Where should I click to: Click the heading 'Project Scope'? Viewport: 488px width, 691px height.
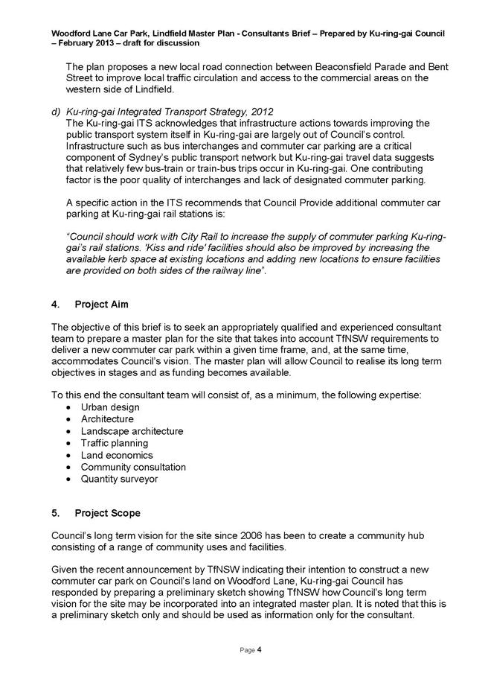106,513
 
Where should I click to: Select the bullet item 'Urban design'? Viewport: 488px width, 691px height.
110,407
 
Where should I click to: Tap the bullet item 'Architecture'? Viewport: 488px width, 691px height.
107,419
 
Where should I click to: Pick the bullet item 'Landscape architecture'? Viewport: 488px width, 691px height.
132,431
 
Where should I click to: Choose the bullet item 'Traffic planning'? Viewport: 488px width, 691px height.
115,443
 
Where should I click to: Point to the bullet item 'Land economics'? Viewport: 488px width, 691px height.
117,455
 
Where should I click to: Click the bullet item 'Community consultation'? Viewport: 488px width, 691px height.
133,467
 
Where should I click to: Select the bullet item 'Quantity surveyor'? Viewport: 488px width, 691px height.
119,479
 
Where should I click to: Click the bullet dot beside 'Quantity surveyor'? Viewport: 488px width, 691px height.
69,479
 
